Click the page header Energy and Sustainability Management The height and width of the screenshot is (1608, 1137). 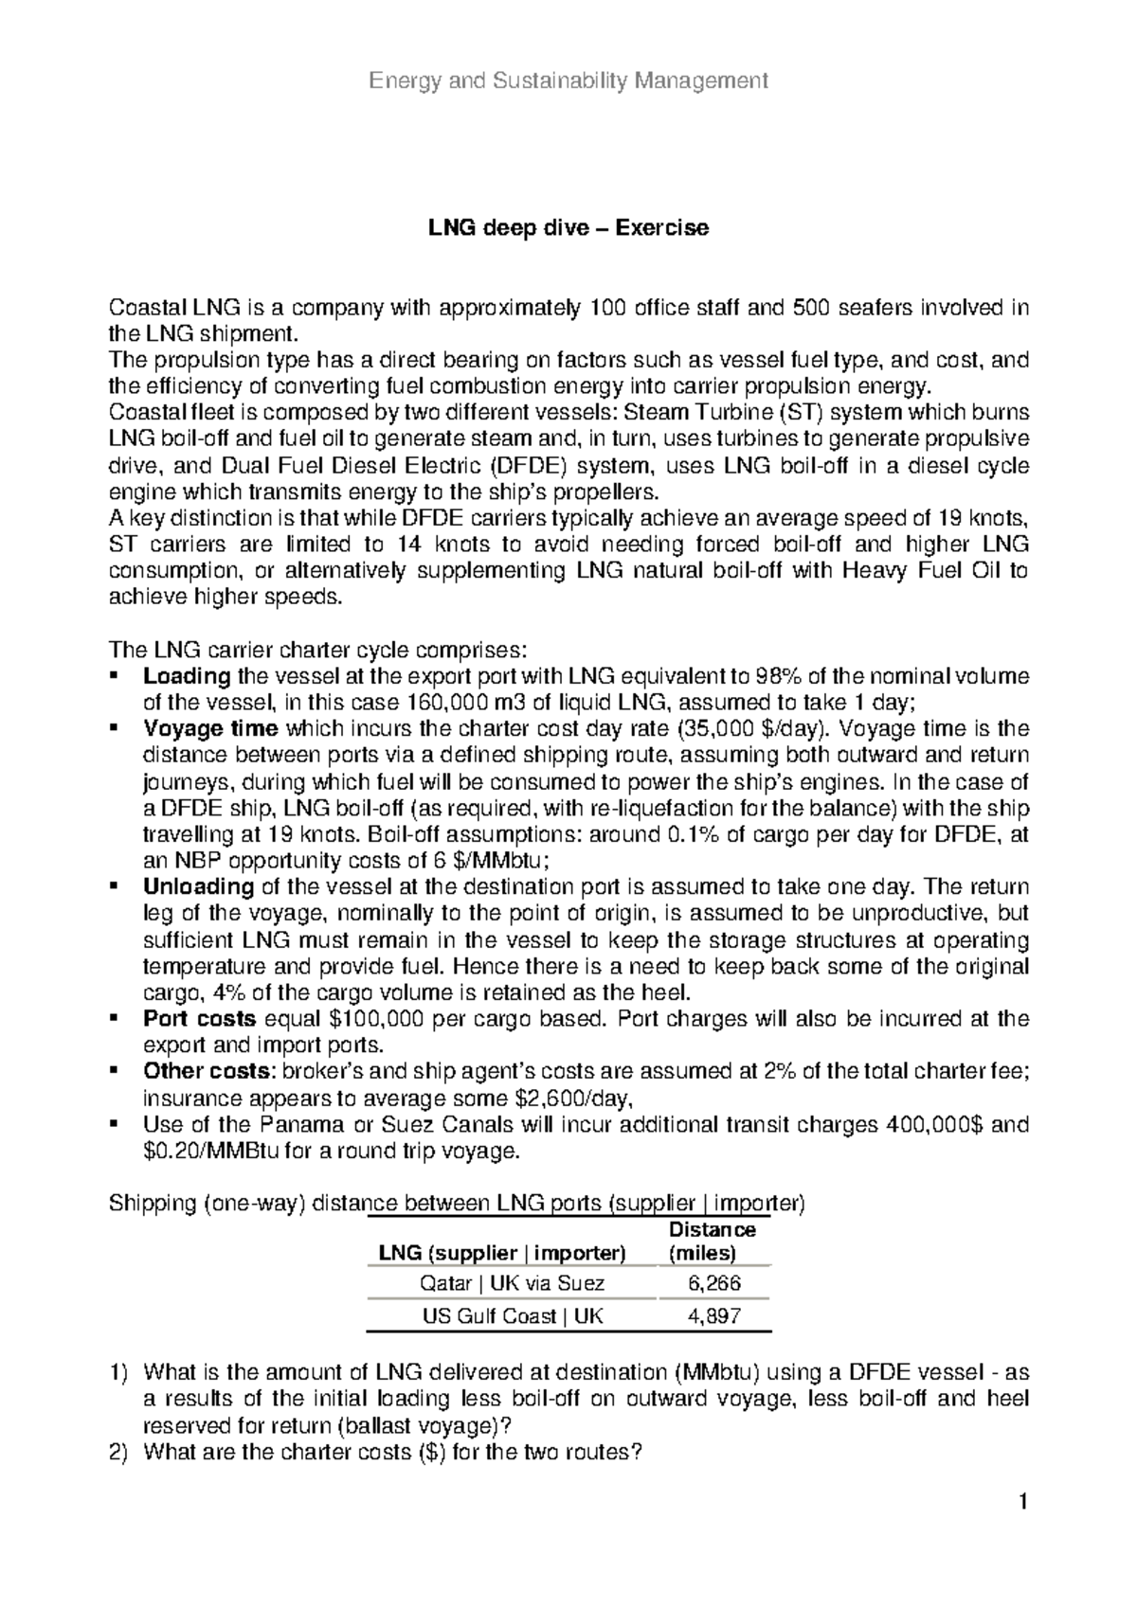(568, 80)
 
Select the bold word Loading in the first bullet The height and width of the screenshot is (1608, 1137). (186, 676)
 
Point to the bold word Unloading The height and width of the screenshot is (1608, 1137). (197, 887)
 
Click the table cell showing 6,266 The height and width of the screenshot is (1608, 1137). (713, 1283)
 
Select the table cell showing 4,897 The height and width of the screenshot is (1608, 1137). (713, 1315)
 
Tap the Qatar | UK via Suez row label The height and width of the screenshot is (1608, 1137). (512, 1283)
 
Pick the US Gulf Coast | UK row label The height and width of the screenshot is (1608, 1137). (512, 1315)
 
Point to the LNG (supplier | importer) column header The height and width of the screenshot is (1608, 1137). (502, 1253)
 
